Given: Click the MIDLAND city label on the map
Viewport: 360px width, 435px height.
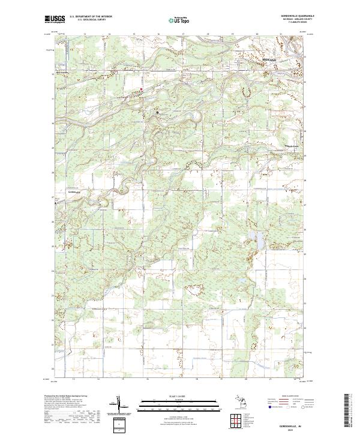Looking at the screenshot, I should tap(269, 61).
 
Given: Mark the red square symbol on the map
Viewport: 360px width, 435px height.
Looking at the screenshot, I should tap(142, 90).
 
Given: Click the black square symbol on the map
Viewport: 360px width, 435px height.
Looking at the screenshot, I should tap(158, 112).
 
